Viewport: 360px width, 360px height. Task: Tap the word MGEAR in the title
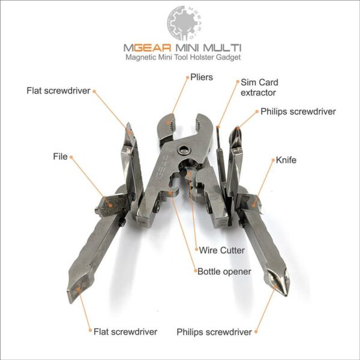pyautogui.click(x=147, y=48)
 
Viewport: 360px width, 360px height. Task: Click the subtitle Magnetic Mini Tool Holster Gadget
pyautogui.click(x=183, y=57)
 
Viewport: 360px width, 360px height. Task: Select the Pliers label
pyautogui.click(x=202, y=77)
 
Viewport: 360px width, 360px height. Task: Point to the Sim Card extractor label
pyautogui.click(x=259, y=88)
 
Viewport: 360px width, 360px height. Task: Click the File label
pyautogui.click(x=61, y=157)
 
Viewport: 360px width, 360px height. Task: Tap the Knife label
pyautogui.click(x=286, y=160)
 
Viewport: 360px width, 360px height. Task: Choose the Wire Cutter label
pyautogui.click(x=222, y=250)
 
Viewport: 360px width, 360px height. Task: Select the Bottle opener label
pyautogui.click(x=224, y=272)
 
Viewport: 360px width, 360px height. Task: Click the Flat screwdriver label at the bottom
pyautogui.click(x=125, y=332)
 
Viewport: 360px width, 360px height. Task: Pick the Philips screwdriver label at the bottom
pyautogui.click(x=214, y=332)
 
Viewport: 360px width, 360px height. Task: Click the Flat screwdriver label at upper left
pyautogui.click(x=59, y=91)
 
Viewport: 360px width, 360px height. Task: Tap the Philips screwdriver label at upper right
pyautogui.click(x=298, y=112)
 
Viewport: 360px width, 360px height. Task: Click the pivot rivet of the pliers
pyautogui.click(x=184, y=151)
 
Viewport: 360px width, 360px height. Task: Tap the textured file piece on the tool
pyautogui.click(x=113, y=205)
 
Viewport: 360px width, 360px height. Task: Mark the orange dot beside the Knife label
pyautogui.click(x=273, y=160)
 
